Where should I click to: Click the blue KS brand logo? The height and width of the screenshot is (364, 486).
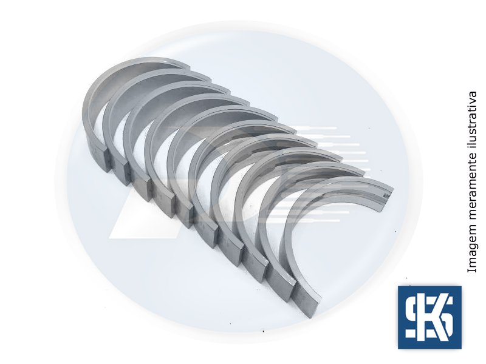(430, 317)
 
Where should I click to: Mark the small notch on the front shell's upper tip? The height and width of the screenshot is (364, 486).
(386, 195)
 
